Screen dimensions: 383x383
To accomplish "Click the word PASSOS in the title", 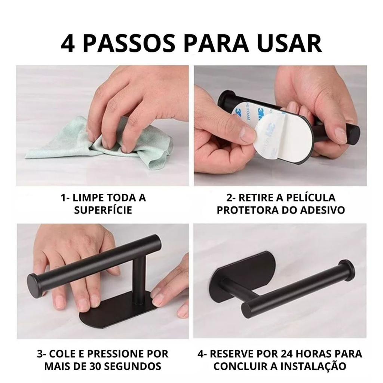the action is (x=129, y=43).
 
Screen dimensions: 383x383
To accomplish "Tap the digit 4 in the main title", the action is (x=67, y=43).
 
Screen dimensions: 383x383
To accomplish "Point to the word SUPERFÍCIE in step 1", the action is (x=103, y=210).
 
